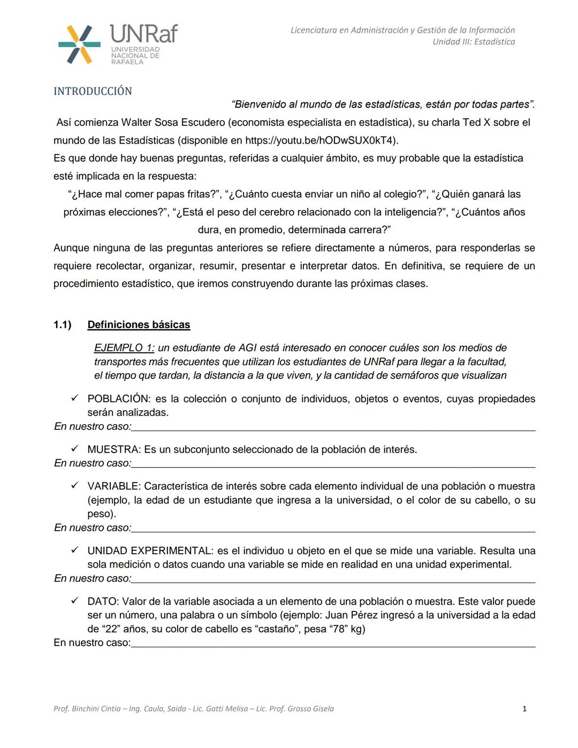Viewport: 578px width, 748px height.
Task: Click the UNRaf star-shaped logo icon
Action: [x=79, y=44]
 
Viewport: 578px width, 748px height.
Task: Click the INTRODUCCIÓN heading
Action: [x=93, y=91]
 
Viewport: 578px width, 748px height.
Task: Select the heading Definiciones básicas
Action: [x=139, y=324]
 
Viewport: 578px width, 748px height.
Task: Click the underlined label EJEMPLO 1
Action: [x=124, y=347]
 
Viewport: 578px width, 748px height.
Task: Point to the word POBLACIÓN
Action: [x=118, y=399]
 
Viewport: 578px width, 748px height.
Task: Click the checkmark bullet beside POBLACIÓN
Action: [x=75, y=398]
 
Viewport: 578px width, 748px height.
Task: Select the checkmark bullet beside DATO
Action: [x=75, y=601]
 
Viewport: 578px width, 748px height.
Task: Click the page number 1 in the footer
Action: [x=524, y=708]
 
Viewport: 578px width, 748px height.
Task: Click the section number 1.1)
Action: [x=63, y=324]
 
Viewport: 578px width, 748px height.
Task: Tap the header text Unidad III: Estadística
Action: [x=474, y=42]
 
